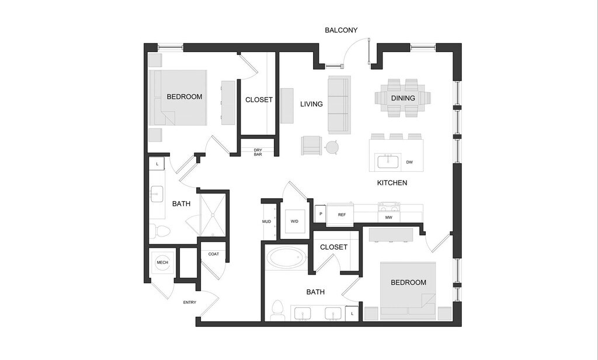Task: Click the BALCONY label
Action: point(341,30)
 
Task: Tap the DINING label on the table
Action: point(403,98)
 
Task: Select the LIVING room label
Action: point(311,104)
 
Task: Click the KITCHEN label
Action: point(392,183)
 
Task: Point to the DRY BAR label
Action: point(258,152)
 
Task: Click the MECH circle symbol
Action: point(162,262)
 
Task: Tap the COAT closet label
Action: point(214,254)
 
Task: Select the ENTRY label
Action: point(190,302)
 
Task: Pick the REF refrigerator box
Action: point(342,215)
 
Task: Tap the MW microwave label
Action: point(388,218)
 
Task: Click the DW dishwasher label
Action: point(409,162)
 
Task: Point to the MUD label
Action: point(266,222)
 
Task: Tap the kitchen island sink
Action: point(387,160)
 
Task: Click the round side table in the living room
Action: point(332,147)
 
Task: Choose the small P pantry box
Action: point(321,214)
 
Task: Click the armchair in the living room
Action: point(312,145)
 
